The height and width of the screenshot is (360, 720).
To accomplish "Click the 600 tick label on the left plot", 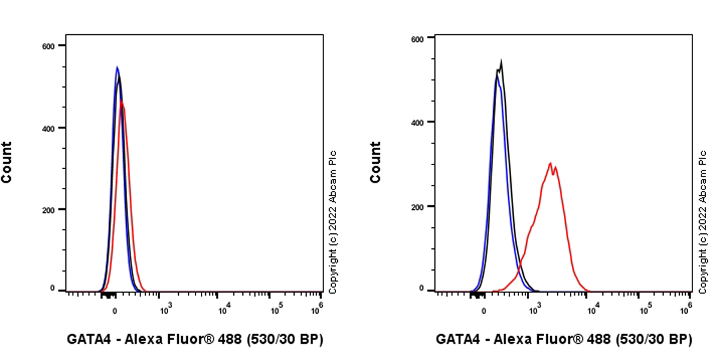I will point(49,46).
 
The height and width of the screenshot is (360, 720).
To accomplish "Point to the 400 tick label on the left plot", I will point(49,128).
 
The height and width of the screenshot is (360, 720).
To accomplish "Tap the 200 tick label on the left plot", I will point(49,209).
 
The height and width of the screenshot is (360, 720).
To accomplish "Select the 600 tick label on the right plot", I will point(418,38).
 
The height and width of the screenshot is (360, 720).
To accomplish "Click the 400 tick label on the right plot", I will point(418,122).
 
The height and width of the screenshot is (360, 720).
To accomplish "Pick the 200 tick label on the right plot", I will point(418,206).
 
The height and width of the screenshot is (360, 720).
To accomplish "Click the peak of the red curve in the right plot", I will point(550,163).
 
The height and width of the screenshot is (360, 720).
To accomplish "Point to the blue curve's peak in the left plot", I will point(117,67).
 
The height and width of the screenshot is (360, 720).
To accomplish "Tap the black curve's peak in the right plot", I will point(501,61).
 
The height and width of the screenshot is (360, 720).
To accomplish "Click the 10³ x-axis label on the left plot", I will point(166,310).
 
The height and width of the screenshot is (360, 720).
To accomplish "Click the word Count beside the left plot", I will point(7,162).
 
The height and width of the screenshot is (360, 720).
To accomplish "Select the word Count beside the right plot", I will point(376,162).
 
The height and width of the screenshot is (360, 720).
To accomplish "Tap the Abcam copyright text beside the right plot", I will point(703,222).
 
